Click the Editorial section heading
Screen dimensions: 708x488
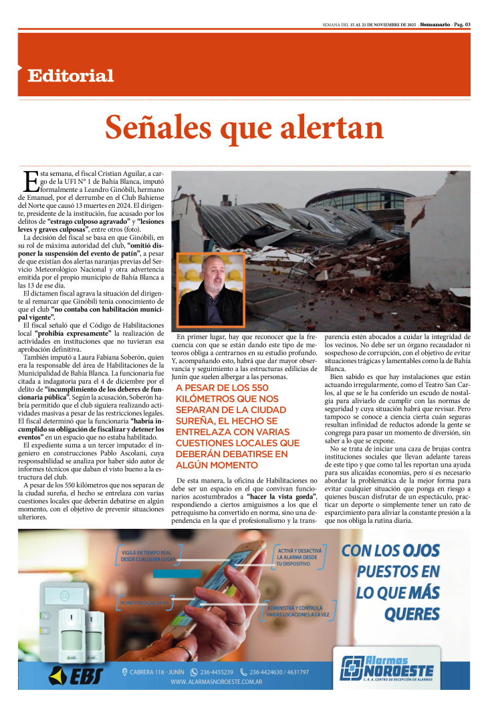[x=70, y=76]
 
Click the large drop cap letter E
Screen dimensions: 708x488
[x=30, y=183]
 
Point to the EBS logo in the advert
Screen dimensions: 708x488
[x=76, y=675]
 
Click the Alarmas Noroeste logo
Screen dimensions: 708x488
[x=387, y=669]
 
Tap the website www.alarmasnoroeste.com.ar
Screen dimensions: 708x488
[x=216, y=682]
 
